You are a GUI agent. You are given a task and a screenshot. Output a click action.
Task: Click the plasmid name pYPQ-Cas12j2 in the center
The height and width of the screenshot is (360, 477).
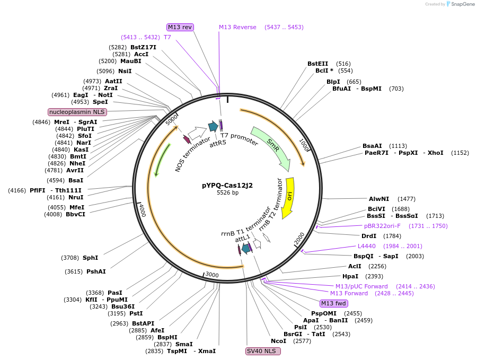point(227,185)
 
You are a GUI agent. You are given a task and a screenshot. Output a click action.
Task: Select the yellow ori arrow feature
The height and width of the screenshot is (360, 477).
point(288,198)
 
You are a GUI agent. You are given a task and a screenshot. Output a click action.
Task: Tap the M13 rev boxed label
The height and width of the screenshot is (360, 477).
point(180,27)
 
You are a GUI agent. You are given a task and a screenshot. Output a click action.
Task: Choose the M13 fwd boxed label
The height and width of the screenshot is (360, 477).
point(334,303)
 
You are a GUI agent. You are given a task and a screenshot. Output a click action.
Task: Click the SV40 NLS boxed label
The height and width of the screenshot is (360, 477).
point(263,351)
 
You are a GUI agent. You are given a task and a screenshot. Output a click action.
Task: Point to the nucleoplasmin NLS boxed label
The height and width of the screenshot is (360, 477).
point(77,112)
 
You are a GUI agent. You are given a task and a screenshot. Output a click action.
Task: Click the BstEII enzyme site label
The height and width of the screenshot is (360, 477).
point(318,64)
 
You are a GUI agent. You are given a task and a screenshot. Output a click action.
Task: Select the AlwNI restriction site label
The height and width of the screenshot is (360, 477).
point(379,199)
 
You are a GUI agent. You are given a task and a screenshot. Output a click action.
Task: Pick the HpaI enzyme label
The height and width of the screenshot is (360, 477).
point(350,276)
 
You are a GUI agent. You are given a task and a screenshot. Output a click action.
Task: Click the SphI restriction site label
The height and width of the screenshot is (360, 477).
point(90,258)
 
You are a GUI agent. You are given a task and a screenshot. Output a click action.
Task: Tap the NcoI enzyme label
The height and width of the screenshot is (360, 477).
point(278,341)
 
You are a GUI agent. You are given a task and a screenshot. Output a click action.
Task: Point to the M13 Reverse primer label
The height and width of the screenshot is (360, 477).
point(237,27)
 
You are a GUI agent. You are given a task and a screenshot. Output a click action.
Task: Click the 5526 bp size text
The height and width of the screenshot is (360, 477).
point(227,193)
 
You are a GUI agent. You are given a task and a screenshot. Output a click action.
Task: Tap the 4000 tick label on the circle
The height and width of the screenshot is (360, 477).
point(142,210)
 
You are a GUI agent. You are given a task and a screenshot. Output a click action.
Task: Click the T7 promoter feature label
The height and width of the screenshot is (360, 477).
point(240,139)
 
